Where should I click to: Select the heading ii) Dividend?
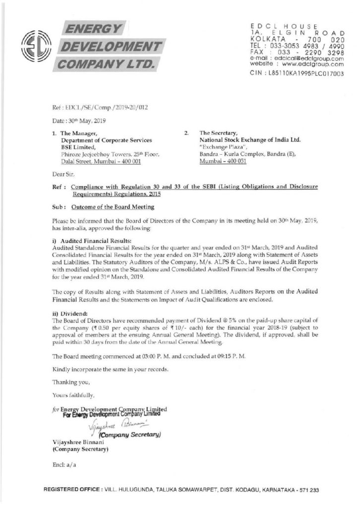(x=68, y=313)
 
